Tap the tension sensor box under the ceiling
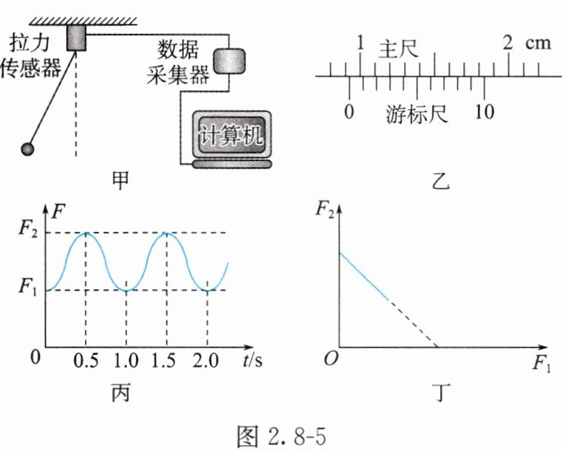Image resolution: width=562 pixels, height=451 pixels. pyautogui.click(x=76, y=37)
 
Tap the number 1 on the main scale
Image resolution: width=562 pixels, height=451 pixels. pyautogui.click(x=360, y=43)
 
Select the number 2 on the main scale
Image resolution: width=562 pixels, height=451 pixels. pyautogui.click(x=507, y=43)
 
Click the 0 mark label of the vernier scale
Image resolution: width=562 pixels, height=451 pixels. pyautogui.click(x=349, y=112)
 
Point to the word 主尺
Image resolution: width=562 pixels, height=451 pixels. pyautogui.click(x=399, y=50)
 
